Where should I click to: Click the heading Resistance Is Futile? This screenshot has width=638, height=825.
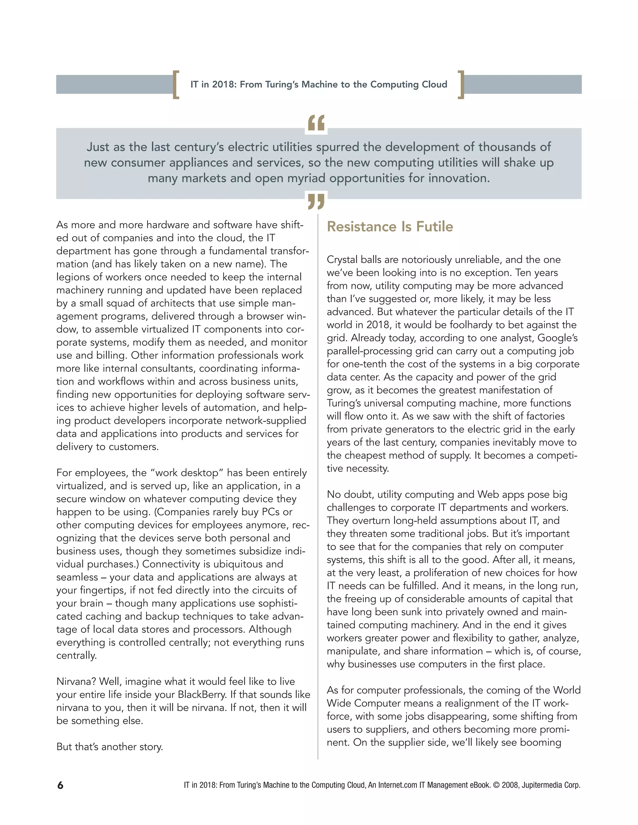(390, 227)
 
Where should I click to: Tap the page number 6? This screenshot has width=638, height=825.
(60, 785)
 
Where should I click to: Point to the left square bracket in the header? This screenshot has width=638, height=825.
(176, 85)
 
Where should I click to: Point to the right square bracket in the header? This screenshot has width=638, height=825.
(461, 85)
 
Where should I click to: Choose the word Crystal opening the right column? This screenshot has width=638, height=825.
(342, 260)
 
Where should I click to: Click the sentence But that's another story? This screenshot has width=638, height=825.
(110, 747)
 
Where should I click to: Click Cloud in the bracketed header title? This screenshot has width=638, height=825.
(434, 85)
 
